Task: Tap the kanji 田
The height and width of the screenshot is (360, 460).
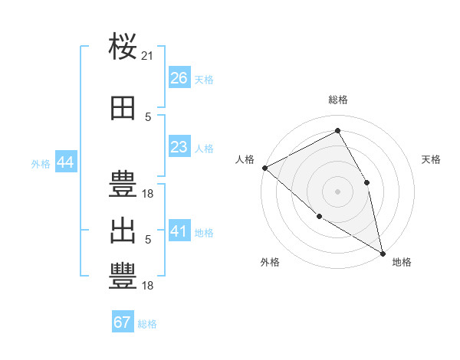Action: point(123,110)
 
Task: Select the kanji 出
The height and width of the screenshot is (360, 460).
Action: point(123,231)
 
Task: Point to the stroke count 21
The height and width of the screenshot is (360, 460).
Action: point(148,56)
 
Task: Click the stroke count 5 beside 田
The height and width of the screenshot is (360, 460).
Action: point(148,117)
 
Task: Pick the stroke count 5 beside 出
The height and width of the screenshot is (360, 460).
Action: point(148,240)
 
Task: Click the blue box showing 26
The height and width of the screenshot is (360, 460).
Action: point(179,78)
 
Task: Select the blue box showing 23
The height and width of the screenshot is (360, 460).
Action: point(179,147)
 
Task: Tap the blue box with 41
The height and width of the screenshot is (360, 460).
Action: point(179,231)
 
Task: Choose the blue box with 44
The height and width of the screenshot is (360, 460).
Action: point(65,162)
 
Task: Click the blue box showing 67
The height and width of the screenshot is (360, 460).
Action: point(123,322)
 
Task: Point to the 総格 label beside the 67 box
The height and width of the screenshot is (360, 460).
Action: point(147,324)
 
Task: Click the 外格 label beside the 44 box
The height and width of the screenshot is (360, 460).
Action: point(41,163)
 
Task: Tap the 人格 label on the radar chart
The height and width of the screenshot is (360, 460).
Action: point(245,159)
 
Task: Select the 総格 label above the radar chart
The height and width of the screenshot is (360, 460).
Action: point(337,100)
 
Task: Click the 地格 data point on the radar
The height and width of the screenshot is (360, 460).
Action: point(382,252)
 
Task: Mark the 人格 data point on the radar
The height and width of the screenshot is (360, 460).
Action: point(264,168)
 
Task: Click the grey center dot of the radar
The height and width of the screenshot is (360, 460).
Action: point(337,191)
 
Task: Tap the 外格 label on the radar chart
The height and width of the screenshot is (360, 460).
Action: point(270,262)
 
